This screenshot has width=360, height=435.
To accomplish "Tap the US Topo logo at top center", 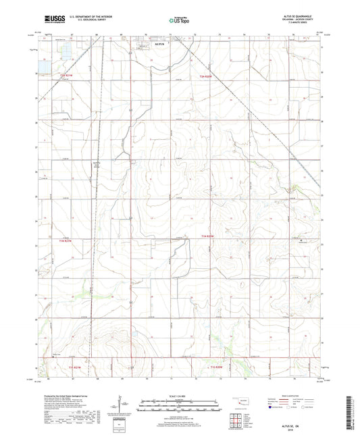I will (179, 21).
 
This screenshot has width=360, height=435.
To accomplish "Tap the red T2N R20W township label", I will (206, 76).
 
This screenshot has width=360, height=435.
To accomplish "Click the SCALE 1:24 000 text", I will (179, 396).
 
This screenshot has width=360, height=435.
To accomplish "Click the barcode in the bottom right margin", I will (352, 413).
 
